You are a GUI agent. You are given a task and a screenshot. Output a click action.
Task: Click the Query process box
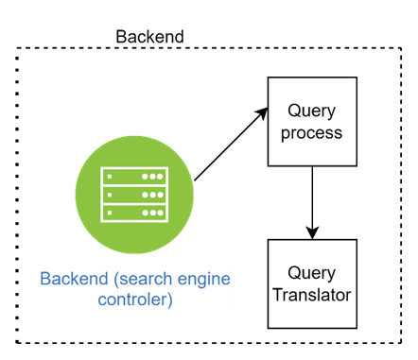[x=312, y=121]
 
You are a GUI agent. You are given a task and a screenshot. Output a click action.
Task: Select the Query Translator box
[x=312, y=283]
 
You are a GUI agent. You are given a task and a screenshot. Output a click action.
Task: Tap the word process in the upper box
[x=312, y=132]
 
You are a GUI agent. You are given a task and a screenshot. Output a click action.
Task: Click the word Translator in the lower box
[x=312, y=295]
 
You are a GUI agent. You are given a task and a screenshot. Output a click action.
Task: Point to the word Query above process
[x=312, y=111]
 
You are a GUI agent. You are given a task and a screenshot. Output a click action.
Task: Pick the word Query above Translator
[x=312, y=272]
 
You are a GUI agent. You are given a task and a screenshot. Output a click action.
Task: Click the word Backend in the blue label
[x=76, y=280]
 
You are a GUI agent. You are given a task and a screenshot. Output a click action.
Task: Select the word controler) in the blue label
[x=134, y=300]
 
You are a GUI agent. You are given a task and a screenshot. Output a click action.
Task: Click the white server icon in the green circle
[x=134, y=195]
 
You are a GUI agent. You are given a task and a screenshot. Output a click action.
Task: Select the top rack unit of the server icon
[x=134, y=177]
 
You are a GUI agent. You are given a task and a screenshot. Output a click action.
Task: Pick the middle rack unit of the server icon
[x=134, y=195]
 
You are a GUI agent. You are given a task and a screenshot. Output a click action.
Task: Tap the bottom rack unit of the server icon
[x=134, y=213]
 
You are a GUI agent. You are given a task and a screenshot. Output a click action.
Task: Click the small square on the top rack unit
[x=113, y=177]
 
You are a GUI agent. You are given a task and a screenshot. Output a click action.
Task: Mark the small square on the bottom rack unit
[x=113, y=213]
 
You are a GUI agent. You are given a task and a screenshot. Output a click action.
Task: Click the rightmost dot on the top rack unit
[x=159, y=177]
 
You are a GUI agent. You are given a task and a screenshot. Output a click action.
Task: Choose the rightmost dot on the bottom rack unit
[x=159, y=213]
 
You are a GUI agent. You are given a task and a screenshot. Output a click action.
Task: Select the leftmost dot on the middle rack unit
[x=144, y=195]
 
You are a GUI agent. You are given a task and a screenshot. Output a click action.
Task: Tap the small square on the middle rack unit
[x=113, y=195]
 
